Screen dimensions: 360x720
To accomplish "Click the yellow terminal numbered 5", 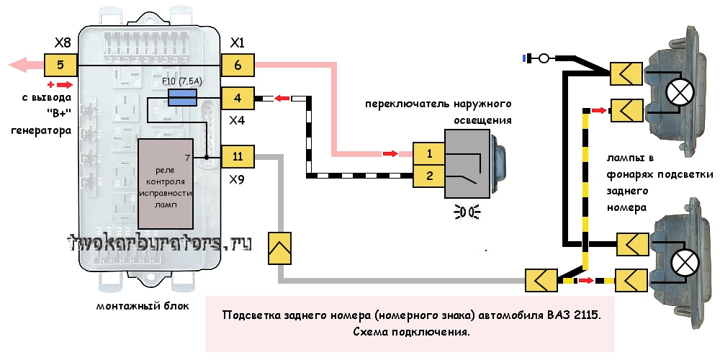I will [60, 66].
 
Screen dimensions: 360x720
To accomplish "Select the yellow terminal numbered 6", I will [238, 65].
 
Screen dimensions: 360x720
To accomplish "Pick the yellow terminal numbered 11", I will [238, 156].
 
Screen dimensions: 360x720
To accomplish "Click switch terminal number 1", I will [428, 153].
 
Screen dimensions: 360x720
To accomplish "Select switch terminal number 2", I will [428, 174].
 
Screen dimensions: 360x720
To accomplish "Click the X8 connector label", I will [63, 42].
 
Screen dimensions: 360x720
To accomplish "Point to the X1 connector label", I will [238, 42].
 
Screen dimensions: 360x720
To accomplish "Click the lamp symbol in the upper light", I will [678, 91].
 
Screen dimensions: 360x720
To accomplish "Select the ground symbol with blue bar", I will [538, 58].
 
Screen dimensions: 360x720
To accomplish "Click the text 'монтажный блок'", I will [143, 306].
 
